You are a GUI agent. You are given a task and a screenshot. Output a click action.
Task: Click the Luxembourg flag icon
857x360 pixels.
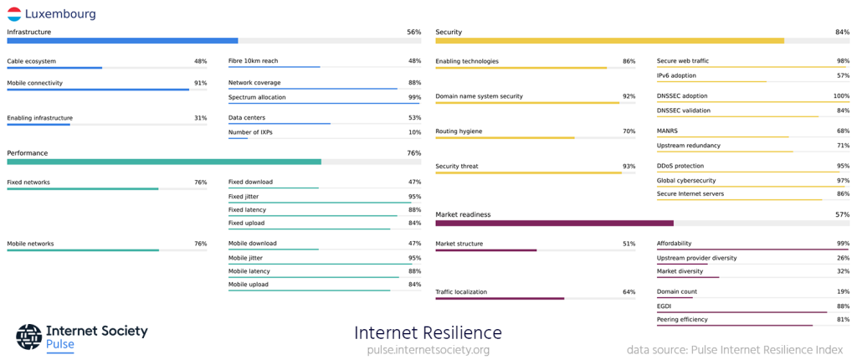[14, 13]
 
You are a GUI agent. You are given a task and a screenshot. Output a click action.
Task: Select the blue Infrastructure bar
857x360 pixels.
[122, 40]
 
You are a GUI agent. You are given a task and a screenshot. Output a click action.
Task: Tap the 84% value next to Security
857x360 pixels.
[842, 32]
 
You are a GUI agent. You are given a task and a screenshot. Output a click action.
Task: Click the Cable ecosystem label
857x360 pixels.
[31, 61]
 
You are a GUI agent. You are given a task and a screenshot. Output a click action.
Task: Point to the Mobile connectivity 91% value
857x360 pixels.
[200, 83]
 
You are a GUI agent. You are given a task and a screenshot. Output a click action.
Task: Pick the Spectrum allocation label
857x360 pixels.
[256, 97]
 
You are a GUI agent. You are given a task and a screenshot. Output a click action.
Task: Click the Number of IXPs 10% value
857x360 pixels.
[414, 132]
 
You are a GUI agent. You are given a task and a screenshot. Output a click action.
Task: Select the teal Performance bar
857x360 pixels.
[164, 162]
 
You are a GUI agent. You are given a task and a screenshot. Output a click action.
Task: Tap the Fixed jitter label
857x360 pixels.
[249, 196]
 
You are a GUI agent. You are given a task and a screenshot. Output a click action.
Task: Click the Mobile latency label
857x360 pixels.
[249, 271]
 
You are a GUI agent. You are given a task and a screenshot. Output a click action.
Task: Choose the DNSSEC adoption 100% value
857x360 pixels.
[840, 96]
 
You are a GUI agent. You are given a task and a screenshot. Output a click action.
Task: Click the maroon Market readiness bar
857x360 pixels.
[554, 224]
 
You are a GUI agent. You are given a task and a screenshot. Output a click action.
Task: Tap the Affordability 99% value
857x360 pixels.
[842, 244]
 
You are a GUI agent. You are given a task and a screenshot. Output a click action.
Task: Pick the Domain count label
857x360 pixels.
[676, 291]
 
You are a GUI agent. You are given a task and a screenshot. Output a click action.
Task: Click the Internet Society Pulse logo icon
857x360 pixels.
[28, 337]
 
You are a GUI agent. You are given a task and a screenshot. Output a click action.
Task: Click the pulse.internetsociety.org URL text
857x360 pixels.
[428, 350]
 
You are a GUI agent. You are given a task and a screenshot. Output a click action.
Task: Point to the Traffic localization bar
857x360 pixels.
[500, 298]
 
